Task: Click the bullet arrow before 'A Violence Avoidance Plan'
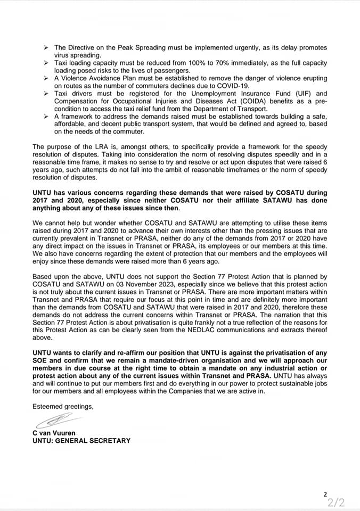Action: [x=47, y=78]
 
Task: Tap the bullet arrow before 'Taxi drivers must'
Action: [x=47, y=93]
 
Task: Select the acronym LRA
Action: [x=89, y=146]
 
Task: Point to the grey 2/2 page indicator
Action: [x=337, y=502]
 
